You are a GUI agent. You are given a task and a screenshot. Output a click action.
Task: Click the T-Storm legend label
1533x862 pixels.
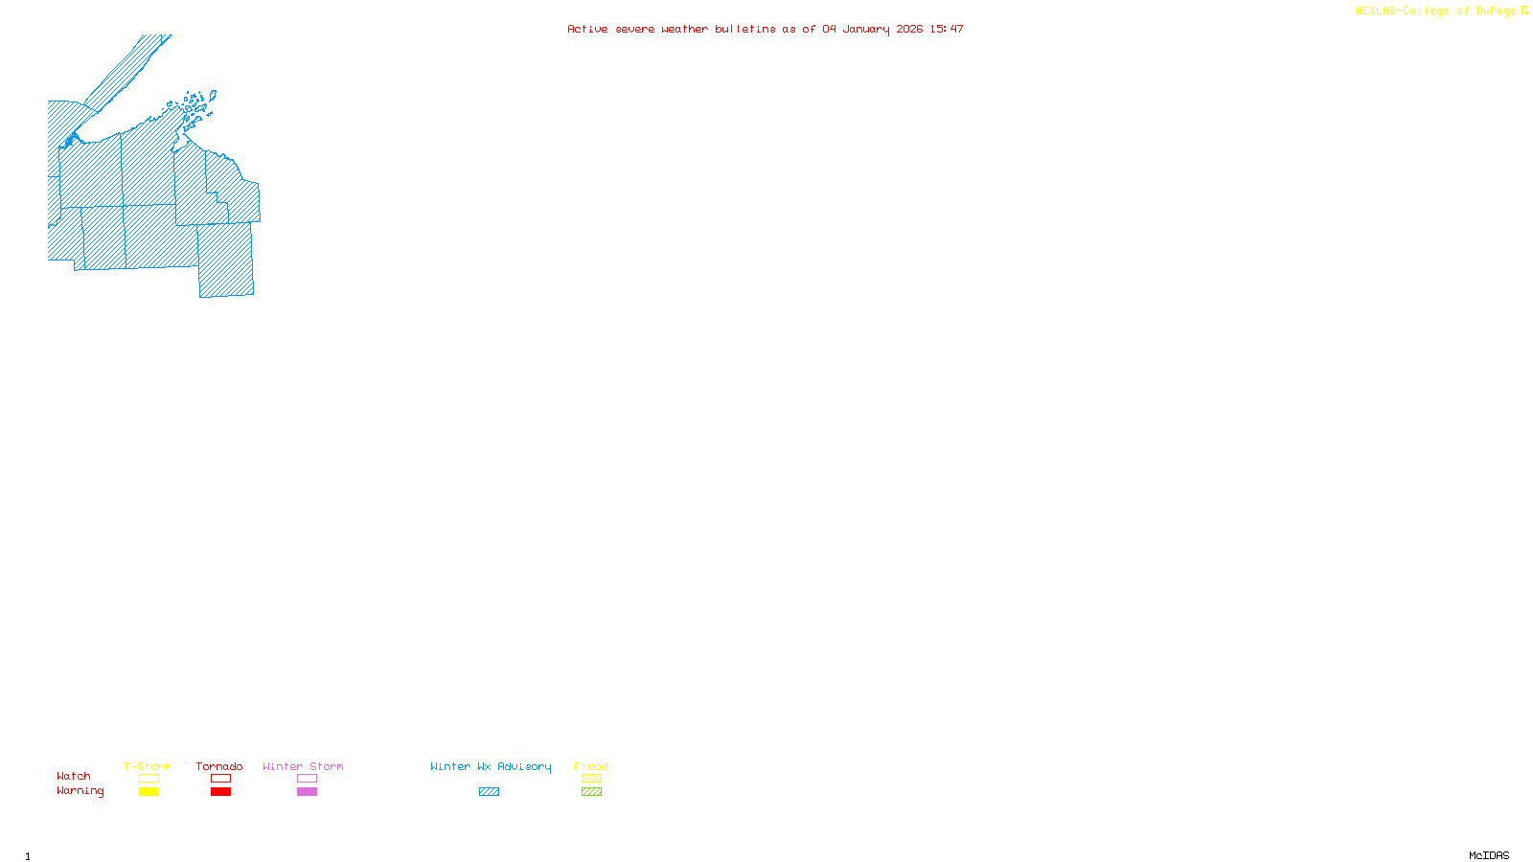[x=148, y=766]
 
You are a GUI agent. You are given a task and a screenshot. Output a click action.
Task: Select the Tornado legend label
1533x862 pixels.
[x=219, y=766]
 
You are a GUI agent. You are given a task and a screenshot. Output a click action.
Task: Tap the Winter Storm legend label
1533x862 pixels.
[x=303, y=766]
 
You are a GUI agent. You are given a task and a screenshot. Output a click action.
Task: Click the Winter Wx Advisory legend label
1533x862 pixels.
[x=491, y=766]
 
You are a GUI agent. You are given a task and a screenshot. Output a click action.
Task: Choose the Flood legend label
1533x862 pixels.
[x=591, y=766]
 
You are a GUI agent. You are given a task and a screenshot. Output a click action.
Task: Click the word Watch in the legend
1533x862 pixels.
[x=74, y=776]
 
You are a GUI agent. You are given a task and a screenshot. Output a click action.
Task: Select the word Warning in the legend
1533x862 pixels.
[x=80, y=791]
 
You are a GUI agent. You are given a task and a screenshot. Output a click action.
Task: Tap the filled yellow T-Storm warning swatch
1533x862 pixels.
[x=149, y=792]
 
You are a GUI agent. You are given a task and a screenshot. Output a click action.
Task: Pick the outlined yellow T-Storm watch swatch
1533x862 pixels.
[x=149, y=779]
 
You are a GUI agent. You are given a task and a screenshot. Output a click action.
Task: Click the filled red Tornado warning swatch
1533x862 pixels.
[x=220, y=792]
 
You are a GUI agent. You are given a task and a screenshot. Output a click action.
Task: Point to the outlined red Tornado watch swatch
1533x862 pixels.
[x=220, y=779]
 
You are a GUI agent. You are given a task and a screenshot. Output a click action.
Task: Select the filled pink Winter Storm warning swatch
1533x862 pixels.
[x=307, y=792]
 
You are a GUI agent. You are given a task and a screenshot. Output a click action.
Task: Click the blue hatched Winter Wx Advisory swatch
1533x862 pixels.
[x=489, y=792]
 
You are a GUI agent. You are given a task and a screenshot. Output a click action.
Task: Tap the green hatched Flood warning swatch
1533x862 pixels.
[x=591, y=792]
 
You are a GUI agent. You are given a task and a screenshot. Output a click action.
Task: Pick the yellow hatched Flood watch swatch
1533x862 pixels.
[x=591, y=779]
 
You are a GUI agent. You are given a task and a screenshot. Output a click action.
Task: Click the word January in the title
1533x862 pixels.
[x=866, y=29]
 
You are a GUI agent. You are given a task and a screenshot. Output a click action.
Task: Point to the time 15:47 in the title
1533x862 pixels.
[x=947, y=29]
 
